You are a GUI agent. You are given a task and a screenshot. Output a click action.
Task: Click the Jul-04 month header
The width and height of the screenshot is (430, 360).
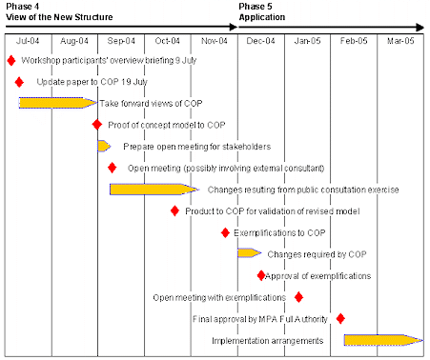[28, 41]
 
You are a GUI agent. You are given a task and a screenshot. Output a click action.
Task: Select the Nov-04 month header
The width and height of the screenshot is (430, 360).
[215, 41]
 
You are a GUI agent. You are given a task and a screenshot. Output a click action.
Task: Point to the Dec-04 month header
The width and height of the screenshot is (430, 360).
[261, 41]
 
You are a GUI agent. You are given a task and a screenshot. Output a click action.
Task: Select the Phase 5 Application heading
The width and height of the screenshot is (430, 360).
[261, 12]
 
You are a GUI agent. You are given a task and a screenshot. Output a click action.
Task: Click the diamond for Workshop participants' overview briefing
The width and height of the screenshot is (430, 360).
[11, 60]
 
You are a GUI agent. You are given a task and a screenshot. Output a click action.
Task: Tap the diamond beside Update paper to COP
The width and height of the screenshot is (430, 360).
[19, 82]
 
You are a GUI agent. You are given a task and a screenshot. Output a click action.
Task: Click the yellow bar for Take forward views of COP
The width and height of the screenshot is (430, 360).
[56, 103]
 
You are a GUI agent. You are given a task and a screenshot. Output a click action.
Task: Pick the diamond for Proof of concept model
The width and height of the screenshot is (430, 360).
[96, 125]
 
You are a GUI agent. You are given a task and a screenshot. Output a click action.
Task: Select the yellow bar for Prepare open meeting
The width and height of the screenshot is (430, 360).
[104, 146]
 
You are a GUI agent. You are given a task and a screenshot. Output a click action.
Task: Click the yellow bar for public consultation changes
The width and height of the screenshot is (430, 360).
[154, 189]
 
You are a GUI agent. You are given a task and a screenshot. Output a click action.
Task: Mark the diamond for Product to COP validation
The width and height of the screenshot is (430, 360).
[174, 210]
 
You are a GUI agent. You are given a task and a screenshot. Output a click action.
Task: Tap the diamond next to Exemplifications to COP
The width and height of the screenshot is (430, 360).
[225, 232]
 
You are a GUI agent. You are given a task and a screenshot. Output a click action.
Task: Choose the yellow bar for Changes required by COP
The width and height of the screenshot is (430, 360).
[249, 253]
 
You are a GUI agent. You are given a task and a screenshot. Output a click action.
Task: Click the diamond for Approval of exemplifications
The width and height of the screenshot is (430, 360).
[261, 275]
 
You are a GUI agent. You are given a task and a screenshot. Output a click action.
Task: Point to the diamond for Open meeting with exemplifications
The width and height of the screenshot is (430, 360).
[298, 296]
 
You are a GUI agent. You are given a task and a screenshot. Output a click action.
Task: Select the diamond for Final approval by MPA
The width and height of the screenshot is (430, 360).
[340, 318]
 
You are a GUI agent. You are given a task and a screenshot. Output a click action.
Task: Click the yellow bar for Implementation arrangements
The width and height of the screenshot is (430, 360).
[381, 340]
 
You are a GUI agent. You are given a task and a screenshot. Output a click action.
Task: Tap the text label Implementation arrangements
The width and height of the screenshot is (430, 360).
[266, 340]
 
